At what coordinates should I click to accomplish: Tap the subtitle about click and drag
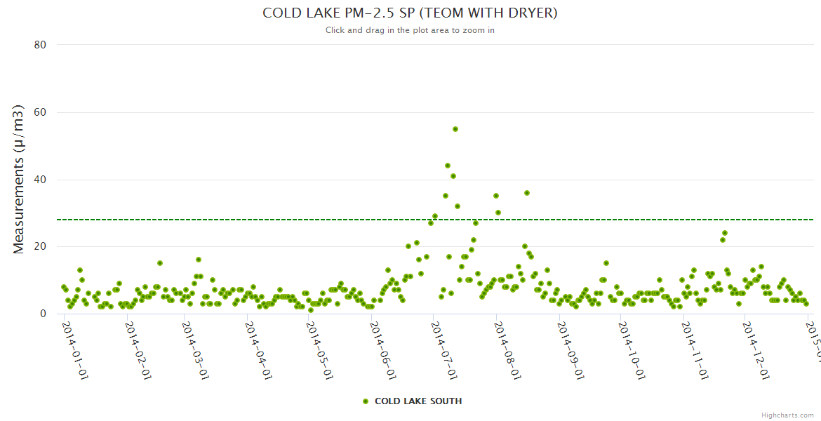410,30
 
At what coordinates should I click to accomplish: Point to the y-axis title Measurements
19,179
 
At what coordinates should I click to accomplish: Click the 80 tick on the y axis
40,45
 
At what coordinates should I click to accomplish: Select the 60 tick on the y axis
40,112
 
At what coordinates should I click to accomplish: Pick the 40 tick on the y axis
40,180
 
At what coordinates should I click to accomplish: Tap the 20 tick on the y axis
40,247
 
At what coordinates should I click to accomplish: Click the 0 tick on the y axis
43,314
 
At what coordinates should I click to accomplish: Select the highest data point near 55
455,129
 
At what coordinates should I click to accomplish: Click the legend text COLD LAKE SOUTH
418,401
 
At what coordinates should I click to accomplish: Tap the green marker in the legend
365,401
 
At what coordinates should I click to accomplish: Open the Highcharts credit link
788,415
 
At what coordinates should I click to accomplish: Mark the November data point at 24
725,233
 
